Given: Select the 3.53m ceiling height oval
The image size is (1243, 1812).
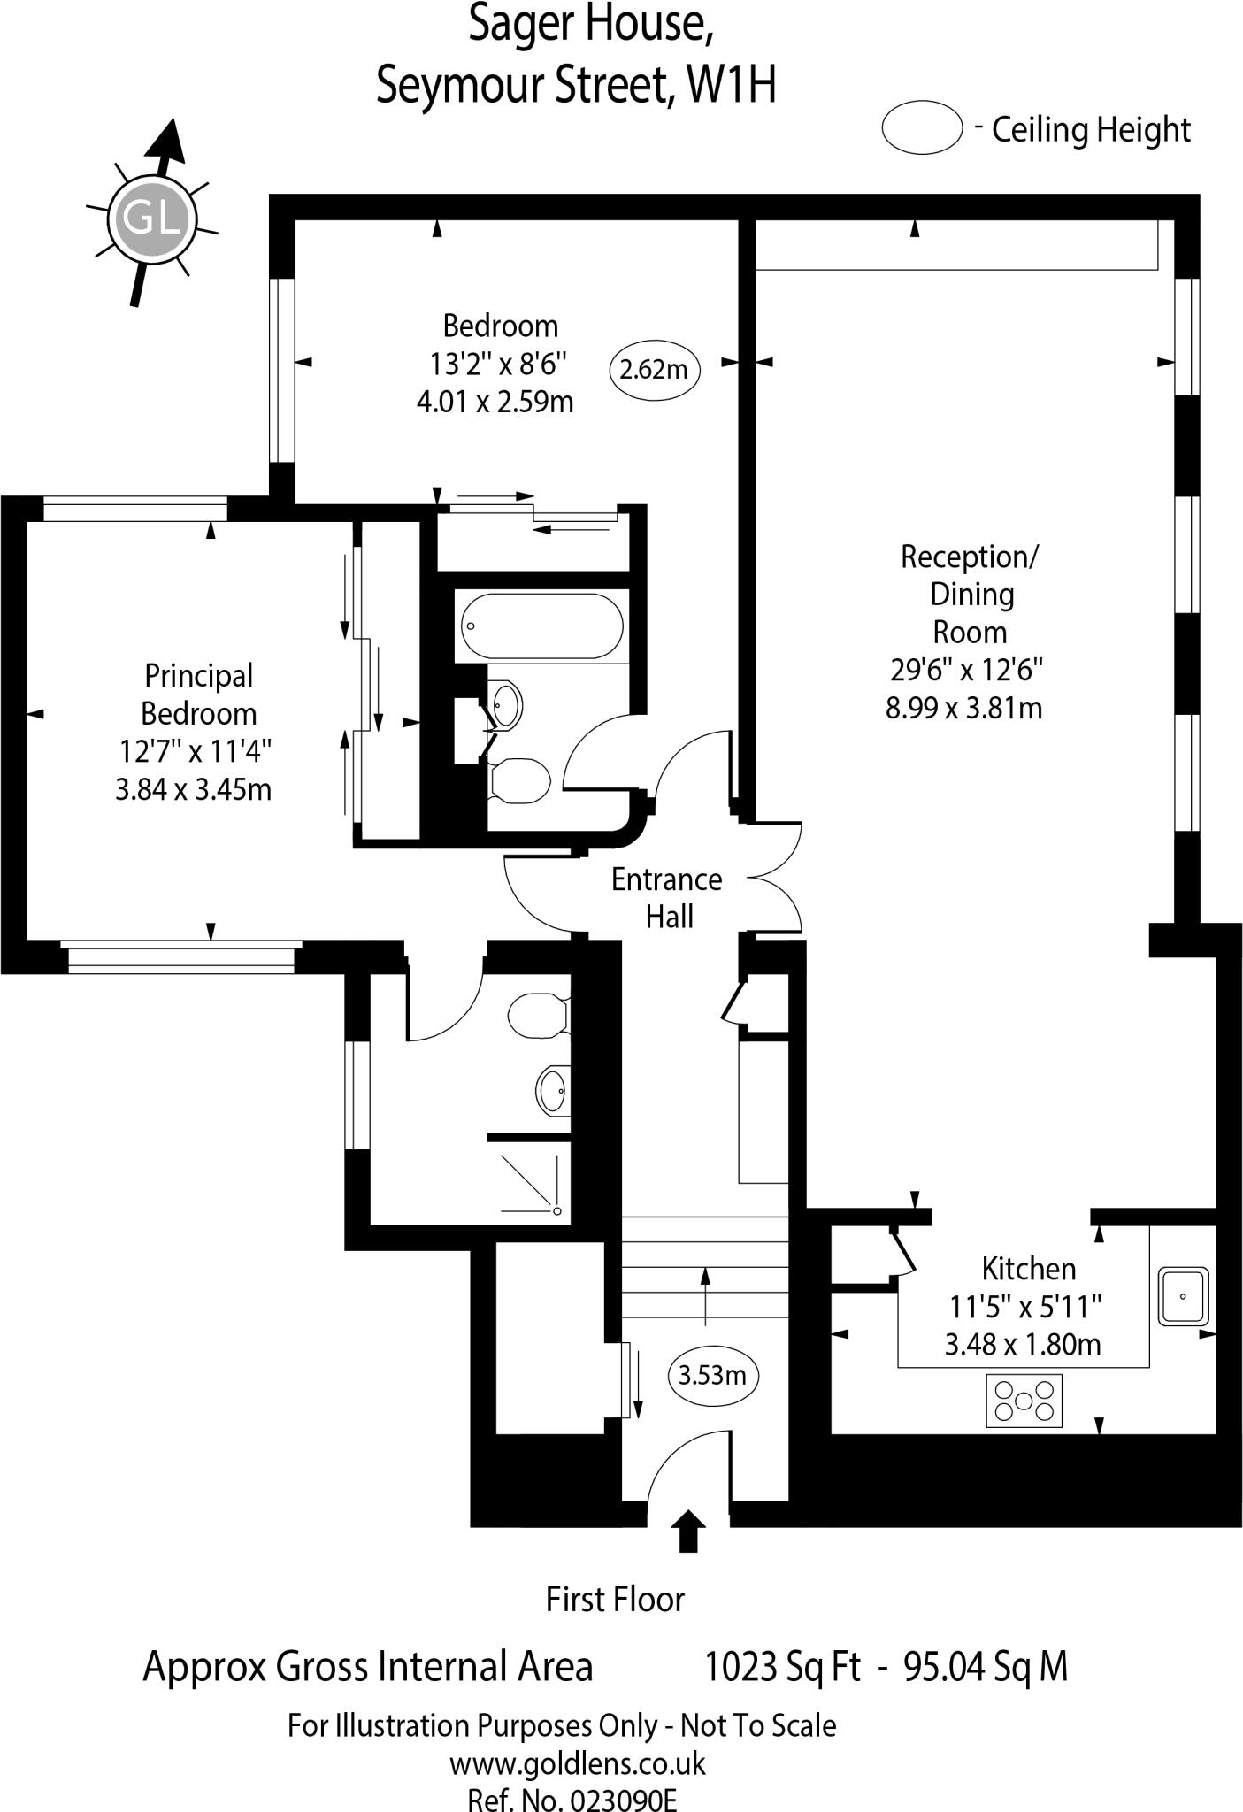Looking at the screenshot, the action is pos(712,1375).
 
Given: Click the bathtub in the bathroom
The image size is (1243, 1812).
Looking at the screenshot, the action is pos(539,626).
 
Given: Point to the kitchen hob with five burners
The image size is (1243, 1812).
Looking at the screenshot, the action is pos(1024,1401).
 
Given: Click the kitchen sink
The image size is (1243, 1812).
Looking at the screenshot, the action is pos(1184,1296).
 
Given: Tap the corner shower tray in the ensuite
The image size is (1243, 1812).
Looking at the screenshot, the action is pos(531,1183).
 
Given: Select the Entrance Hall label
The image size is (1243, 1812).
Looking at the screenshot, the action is pos(667,898).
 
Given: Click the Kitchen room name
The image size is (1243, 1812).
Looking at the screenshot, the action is pos(1029,1269).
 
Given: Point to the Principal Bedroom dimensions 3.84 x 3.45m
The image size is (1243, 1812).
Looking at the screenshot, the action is pos(194,789).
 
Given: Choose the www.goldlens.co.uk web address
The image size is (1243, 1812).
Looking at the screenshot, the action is pos(578,1764).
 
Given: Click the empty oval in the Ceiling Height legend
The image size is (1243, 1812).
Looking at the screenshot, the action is pos(922,128).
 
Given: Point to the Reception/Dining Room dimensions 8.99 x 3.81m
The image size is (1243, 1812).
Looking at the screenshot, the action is pos(964,708).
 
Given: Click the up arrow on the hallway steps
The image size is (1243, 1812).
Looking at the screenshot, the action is pos(705,1295).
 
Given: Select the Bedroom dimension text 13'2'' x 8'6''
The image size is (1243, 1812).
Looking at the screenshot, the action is pos(499,364).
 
